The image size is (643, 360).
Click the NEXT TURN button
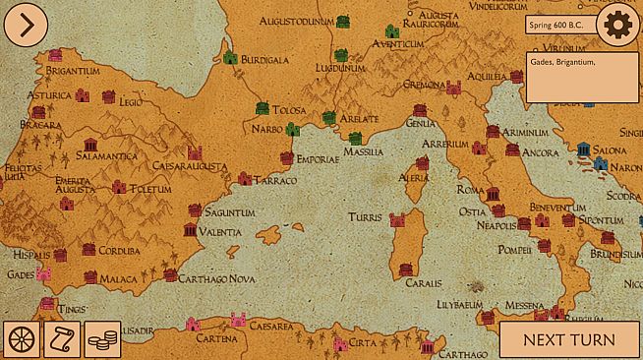coord(569,340)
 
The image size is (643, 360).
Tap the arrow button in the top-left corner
coord(25,24)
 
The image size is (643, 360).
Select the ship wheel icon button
coord(22,339)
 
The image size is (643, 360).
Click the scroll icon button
coord(62,339)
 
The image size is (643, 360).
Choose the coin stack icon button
coord(102,339)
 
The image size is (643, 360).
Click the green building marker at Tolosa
coord(263,106)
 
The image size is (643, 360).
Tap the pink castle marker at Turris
coord(398,219)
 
